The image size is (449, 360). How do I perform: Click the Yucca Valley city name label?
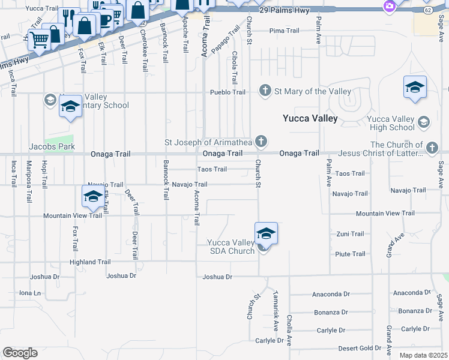tap(310, 119)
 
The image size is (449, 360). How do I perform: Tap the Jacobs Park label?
tap(52, 146)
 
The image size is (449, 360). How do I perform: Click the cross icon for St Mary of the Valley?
tap(265, 91)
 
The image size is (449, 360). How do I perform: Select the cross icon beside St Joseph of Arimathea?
tap(261, 142)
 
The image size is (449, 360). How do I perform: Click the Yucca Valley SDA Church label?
tap(231, 247)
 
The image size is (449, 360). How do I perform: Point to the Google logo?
tap(20, 353)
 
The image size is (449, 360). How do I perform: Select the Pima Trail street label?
tap(284, 31)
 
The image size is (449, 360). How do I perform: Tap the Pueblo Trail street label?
tap(228, 92)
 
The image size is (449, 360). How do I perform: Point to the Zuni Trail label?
tap(350, 234)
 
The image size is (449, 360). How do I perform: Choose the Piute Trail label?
tap(351, 254)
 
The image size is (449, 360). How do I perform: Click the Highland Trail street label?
tap(90, 262)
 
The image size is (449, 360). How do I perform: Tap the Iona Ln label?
tap(30, 293)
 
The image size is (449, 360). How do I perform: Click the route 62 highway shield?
tap(427, 11)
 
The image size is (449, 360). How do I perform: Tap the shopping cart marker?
tap(40, 40)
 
